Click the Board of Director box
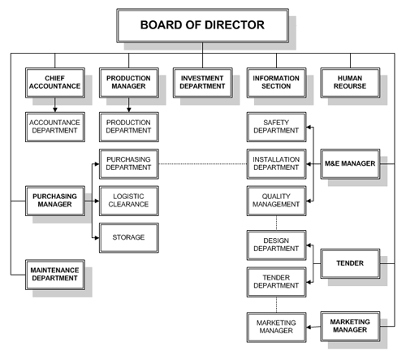point(202,25)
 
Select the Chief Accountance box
point(55,83)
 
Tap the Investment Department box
point(202,83)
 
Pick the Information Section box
point(276,83)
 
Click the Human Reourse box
point(350,83)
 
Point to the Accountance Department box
point(55,127)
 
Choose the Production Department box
point(129,127)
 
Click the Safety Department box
point(276,127)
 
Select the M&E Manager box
point(350,164)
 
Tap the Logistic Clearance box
point(129,201)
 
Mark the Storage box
point(129,238)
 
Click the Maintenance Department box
point(55,275)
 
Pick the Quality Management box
point(276,201)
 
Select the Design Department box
point(276,245)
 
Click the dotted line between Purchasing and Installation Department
point(203,164)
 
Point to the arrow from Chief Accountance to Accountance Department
point(55,105)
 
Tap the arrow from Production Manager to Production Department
point(129,105)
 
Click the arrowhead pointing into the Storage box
point(97,238)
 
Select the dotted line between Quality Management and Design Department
point(276,223)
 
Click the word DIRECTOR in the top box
point(235,25)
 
